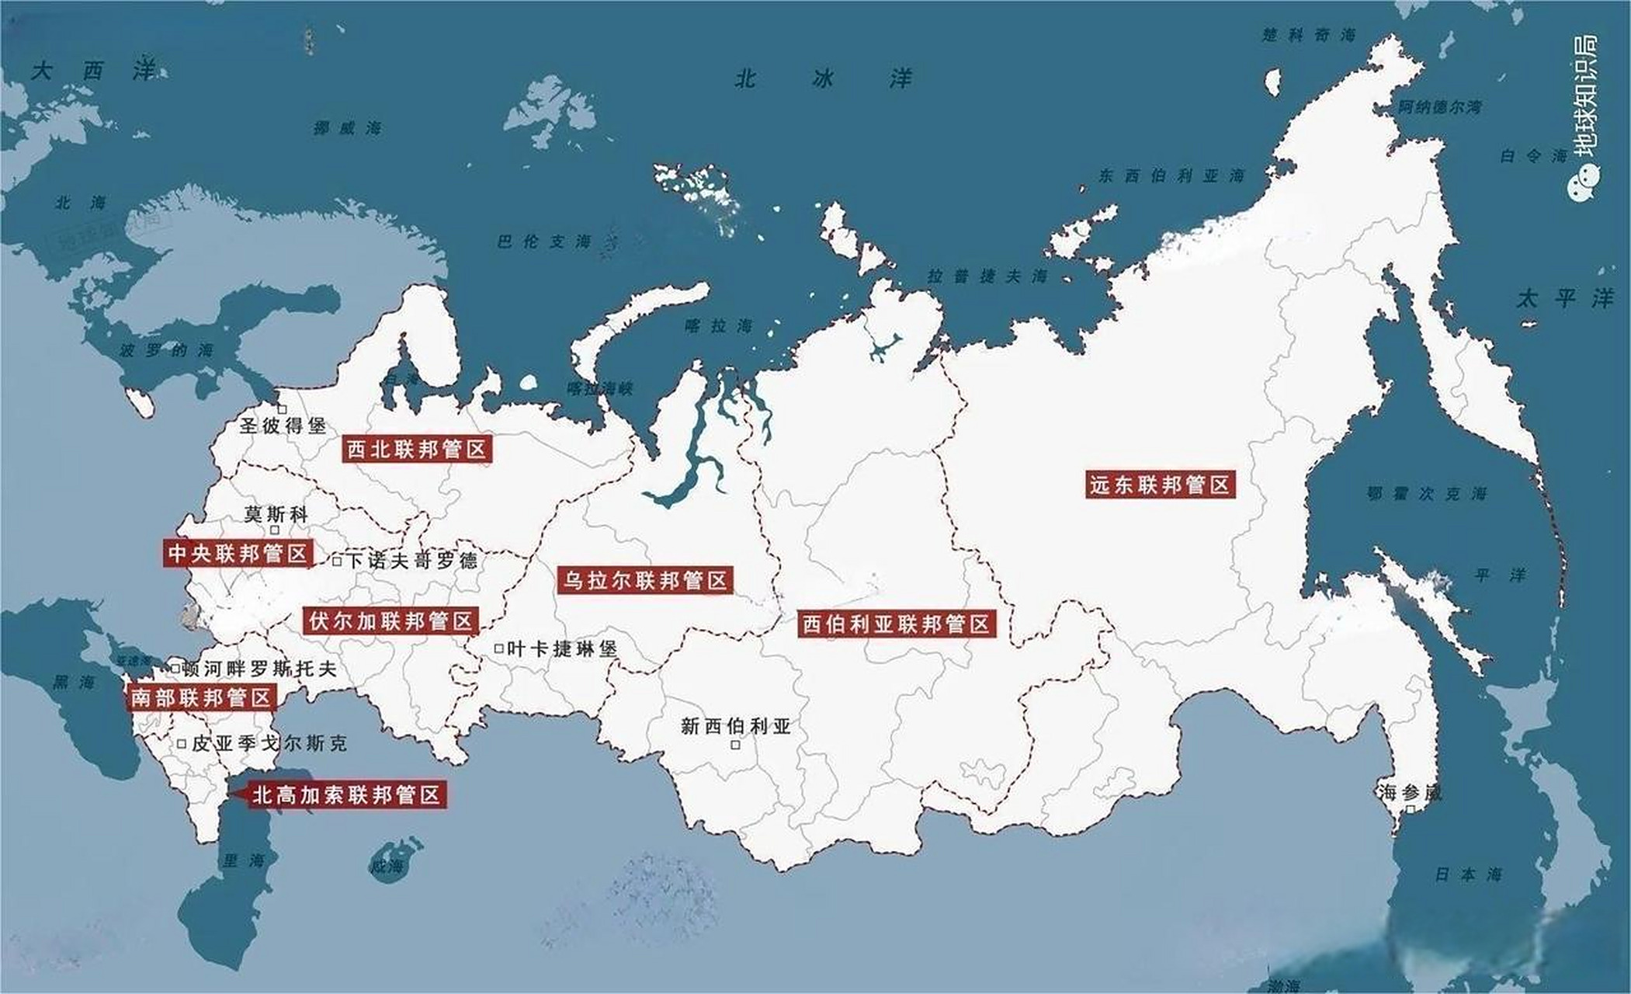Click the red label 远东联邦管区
tap(1159, 485)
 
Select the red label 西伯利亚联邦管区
tap(896, 624)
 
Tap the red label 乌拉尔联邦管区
tap(644, 581)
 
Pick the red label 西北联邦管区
tap(416, 450)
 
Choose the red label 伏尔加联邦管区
tap(390, 621)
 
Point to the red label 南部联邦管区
tap(201, 697)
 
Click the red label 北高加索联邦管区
tap(346, 794)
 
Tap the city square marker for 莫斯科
tap(274, 530)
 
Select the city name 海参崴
tap(1410, 792)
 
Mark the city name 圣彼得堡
tap(283, 426)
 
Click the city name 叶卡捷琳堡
tap(561, 648)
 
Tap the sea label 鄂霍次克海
tap(1426, 493)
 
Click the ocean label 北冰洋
tap(823, 78)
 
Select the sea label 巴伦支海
tap(544, 242)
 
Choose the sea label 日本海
tap(1468, 874)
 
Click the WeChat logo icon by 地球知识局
tap(1586, 186)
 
